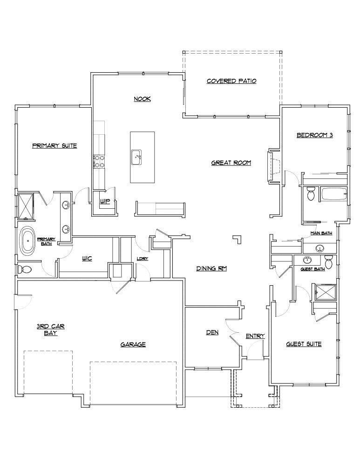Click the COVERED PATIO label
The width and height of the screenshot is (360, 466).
231,81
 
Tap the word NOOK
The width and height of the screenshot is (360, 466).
142,99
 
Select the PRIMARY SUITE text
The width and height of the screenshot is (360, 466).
54,146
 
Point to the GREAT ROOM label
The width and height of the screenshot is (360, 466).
231,163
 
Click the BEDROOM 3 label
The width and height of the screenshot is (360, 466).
315,136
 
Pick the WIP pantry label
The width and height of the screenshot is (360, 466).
104,201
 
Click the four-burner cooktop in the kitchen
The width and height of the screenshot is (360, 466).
99,161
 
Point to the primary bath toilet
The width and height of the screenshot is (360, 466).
25,270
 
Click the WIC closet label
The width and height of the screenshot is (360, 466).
87,259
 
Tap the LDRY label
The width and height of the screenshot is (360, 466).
142,259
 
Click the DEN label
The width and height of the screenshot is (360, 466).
212,333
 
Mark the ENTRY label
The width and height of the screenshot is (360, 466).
255,336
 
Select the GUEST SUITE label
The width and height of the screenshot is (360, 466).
304,344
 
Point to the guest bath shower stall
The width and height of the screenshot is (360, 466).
323,292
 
